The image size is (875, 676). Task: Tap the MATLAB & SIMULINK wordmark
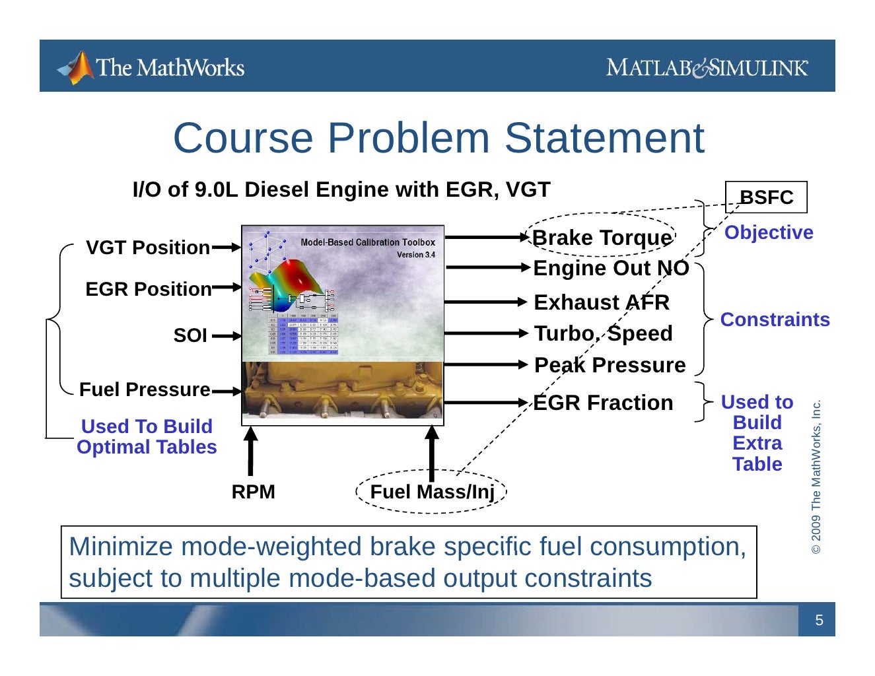point(707,67)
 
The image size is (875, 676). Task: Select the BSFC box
point(766,197)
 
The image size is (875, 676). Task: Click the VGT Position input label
point(148,248)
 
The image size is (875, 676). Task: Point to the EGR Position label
point(148,289)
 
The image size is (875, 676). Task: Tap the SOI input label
point(190,335)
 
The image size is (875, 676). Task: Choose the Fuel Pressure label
point(145,389)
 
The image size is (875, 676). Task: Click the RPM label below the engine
point(253,492)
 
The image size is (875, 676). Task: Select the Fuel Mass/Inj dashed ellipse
point(431,492)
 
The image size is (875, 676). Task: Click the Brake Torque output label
point(602,238)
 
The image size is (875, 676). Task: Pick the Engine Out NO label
point(611,268)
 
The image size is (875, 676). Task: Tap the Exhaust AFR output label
point(601,302)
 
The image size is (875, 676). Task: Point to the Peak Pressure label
point(610,365)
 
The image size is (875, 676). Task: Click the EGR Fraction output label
point(603,403)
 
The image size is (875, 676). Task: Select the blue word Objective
point(769,232)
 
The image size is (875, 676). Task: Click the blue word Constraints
point(775,320)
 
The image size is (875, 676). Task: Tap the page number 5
point(819,621)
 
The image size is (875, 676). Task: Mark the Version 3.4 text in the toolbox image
point(415,255)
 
